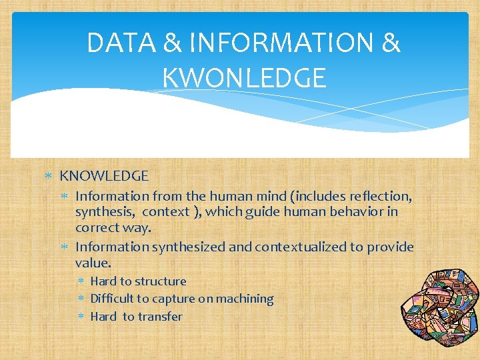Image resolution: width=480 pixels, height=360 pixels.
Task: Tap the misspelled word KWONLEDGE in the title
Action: coord(244,78)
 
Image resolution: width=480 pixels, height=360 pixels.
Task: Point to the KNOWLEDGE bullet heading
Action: coord(104,176)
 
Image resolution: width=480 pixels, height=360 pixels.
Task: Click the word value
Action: coord(92,263)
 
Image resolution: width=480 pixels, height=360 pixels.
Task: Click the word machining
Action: coord(243,299)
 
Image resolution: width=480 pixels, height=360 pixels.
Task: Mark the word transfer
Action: coord(160,317)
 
